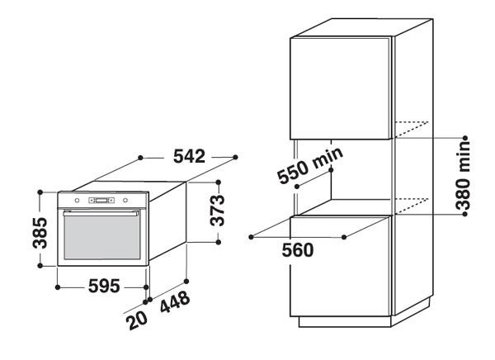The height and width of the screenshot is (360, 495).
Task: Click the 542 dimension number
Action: [x=190, y=156]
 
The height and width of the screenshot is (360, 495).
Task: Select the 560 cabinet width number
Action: [x=296, y=250]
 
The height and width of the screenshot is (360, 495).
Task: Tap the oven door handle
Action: [x=101, y=213]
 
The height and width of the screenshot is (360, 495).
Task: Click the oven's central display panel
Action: [x=101, y=201]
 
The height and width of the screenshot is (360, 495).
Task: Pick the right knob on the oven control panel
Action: [x=125, y=201]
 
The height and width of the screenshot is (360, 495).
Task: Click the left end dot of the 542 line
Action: [x=142, y=156]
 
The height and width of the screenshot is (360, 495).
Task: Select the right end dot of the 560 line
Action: [x=344, y=236]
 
